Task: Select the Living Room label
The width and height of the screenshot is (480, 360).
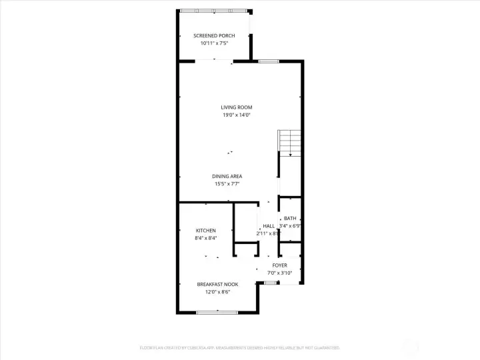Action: pyautogui.click(x=237, y=107)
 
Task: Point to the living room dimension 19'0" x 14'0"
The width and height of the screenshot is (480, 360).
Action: pyautogui.click(x=237, y=115)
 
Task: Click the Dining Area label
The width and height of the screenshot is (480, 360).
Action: pyautogui.click(x=227, y=176)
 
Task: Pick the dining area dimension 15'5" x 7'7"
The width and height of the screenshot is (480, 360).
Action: pyautogui.click(x=227, y=184)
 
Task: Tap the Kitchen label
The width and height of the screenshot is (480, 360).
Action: pyautogui.click(x=205, y=230)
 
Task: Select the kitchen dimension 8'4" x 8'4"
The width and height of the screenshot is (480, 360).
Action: pyautogui.click(x=205, y=238)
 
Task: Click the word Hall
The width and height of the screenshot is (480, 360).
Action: pyautogui.click(x=268, y=226)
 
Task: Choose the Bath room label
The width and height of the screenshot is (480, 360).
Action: pyautogui.click(x=290, y=218)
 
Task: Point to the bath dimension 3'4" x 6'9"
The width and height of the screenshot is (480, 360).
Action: pyautogui.click(x=290, y=226)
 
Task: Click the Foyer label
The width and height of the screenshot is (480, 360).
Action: pyautogui.click(x=279, y=265)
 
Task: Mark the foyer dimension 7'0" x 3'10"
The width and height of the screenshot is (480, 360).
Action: pyautogui.click(x=279, y=273)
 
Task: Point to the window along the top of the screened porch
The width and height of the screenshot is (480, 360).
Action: pyautogui.click(x=213, y=10)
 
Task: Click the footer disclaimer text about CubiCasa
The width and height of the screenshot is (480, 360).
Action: pyautogui.click(x=239, y=347)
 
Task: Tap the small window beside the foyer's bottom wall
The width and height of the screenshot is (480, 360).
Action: pyautogui.click(x=269, y=283)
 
